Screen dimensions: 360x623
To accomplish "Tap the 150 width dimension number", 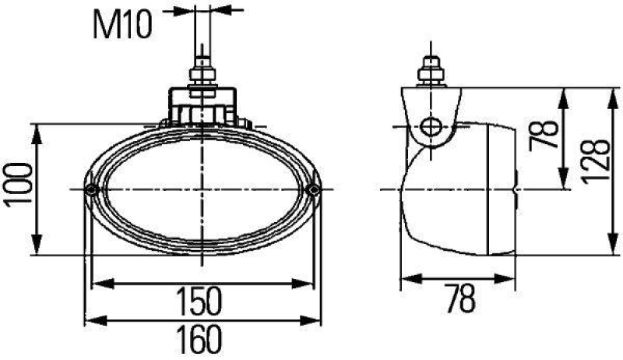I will (x=199, y=300).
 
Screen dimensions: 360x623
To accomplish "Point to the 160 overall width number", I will (x=199, y=340).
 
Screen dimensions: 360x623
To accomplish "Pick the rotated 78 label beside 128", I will (x=548, y=134).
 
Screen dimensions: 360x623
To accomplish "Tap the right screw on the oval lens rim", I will (x=314, y=190).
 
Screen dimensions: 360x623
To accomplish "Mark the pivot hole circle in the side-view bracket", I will (x=430, y=125).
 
